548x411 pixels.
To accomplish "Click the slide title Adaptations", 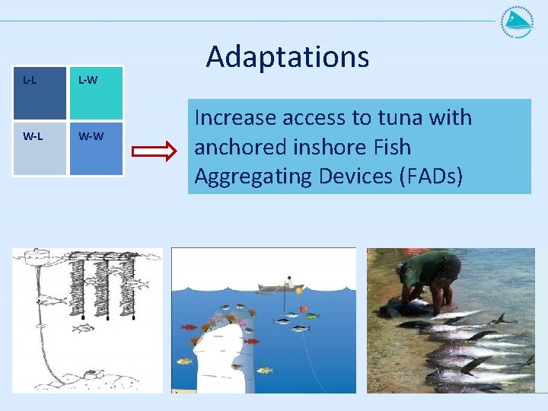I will point(287,57).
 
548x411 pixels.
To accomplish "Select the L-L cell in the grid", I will point(39,93).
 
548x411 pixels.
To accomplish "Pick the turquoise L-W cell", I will point(96,93).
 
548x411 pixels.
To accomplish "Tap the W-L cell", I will point(39,148).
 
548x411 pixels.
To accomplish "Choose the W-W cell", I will point(96,148).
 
